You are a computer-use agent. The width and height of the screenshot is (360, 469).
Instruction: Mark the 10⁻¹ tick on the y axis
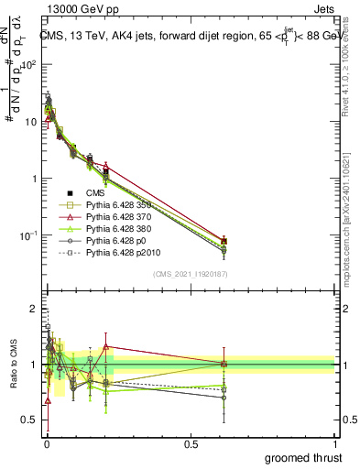(27, 235)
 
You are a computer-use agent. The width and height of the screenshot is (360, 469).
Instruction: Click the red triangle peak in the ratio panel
(106, 346)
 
